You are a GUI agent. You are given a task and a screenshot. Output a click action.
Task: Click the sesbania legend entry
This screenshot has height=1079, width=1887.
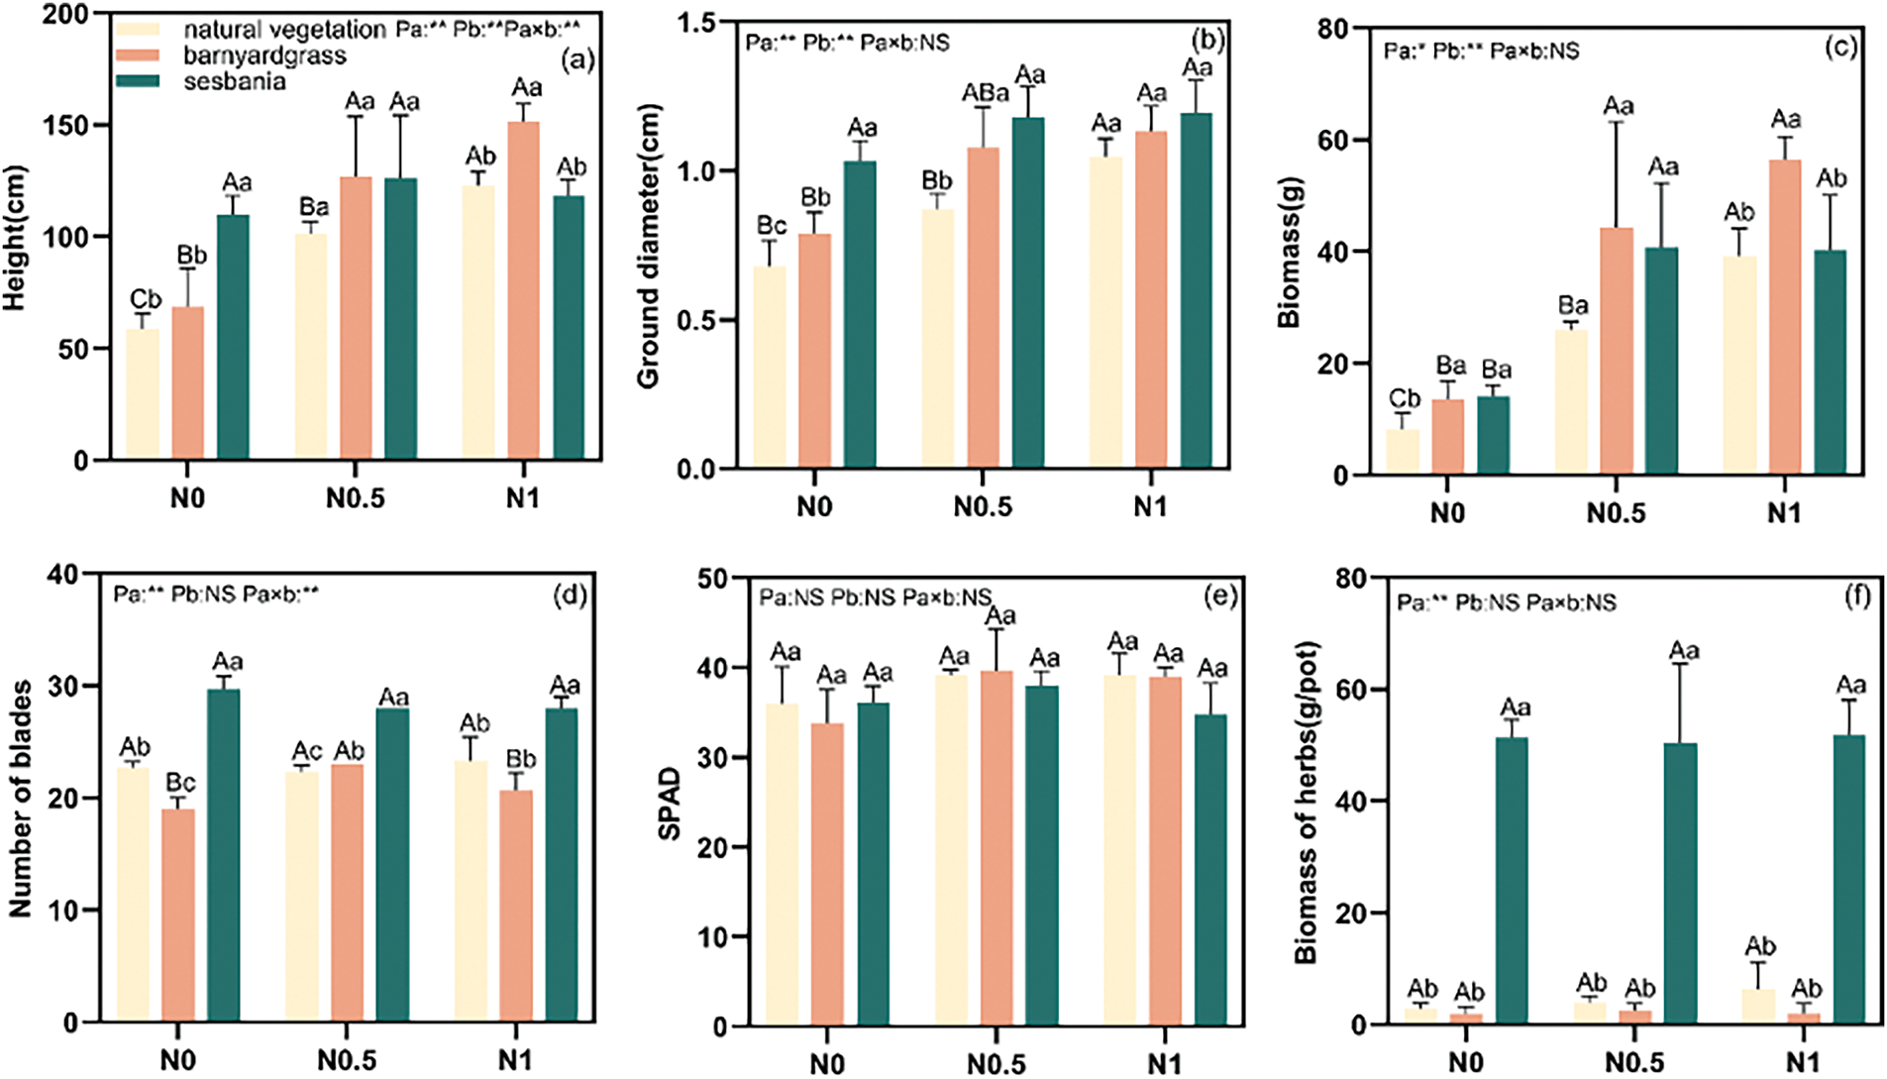[234, 81]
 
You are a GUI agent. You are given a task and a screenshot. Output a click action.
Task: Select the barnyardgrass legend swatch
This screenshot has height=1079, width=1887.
[138, 55]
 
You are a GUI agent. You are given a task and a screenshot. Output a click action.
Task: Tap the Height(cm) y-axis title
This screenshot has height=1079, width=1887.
[14, 238]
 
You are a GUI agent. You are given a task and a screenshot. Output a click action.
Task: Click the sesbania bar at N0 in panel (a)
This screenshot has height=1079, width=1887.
[233, 337]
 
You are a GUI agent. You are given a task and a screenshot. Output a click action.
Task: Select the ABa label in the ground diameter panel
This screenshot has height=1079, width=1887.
[986, 93]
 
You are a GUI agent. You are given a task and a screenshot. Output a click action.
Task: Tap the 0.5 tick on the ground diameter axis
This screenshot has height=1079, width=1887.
[697, 321]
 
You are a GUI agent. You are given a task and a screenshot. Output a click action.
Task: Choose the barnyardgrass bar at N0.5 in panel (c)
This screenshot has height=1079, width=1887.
[1617, 351]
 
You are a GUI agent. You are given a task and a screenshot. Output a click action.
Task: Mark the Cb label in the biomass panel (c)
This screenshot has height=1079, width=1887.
[1404, 399]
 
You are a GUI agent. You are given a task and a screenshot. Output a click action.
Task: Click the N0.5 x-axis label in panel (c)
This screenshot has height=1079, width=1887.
[1616, 513]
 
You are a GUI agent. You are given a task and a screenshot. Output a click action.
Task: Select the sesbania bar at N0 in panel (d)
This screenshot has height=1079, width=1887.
[224, 855]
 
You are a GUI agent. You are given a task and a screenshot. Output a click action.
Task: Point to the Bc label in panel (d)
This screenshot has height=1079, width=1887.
[180, 784]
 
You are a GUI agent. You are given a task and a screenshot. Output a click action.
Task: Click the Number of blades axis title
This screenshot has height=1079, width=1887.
[20, 799]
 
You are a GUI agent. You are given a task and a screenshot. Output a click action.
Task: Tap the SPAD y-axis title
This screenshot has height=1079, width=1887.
[671, 804]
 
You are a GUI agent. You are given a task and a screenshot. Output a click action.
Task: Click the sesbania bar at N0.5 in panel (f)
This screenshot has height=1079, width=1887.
[1680, 883]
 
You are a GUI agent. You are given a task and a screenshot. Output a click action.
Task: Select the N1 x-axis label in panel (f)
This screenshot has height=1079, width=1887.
[1802, 1063]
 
